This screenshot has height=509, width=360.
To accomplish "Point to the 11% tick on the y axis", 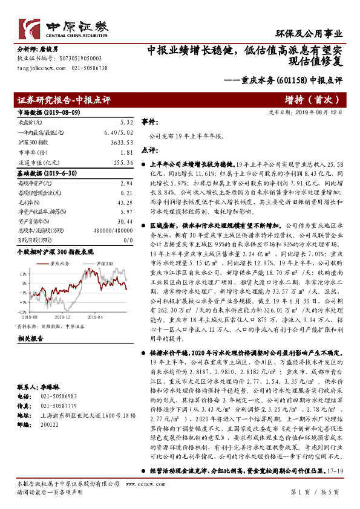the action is (22, 273).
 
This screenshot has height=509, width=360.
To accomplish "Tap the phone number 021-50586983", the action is (60, 394).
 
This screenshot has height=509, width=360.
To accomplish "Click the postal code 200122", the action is (50, 426).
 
